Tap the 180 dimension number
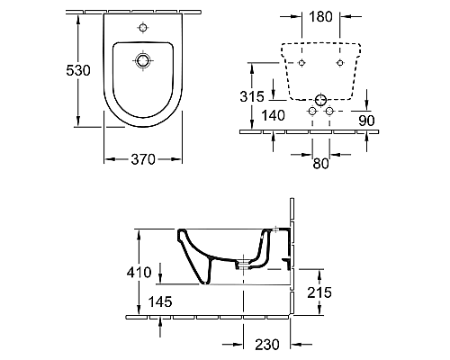pos(320,15)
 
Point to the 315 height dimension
pos(256,96)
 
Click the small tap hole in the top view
pos(142,29)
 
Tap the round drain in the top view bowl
pos(142,61)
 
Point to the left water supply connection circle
pos(311,111)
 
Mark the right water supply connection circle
pos(329,111)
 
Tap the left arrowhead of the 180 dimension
pos(299,17)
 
